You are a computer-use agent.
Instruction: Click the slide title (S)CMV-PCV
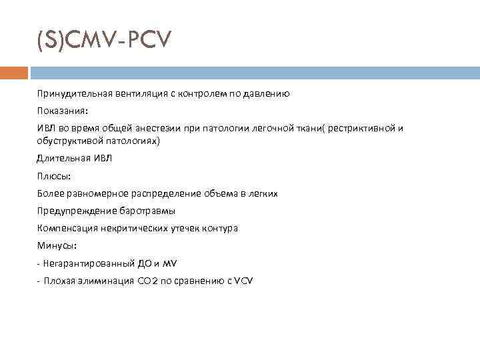point(104,42)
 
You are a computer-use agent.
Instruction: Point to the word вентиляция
point(141,95)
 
